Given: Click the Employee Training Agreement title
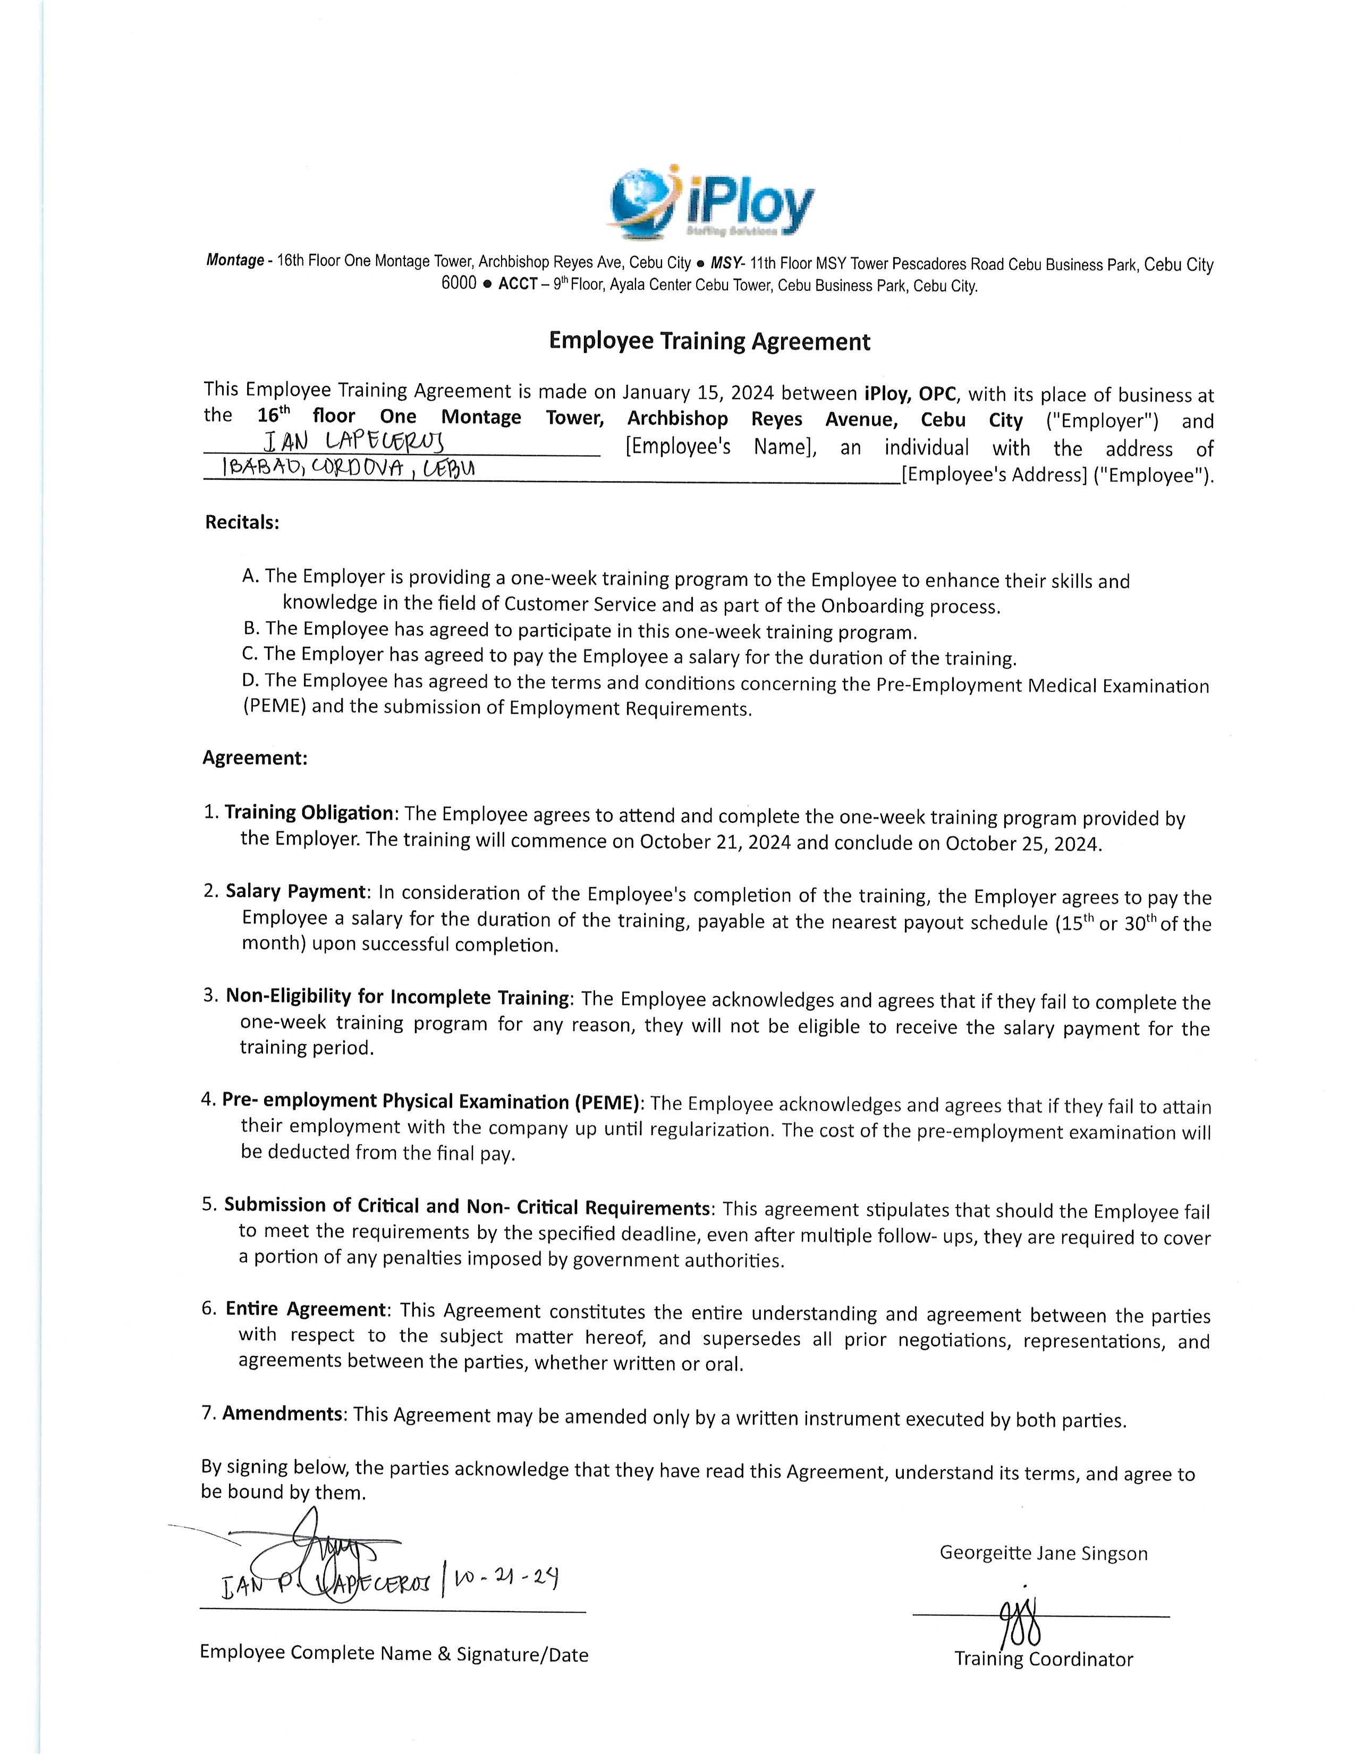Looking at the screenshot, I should click(x=709, y=341).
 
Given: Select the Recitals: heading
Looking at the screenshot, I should click(x=242, y=522).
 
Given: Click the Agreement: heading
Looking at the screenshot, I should click(x=255, y=758).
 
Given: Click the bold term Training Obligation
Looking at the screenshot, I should click(x=309, y=813).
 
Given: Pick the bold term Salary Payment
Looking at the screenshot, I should click(x=295, y=891).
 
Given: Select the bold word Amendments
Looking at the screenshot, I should click(x=283, y=1413).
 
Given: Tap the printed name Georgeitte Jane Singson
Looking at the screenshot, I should click(x=1044, y=1553).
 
